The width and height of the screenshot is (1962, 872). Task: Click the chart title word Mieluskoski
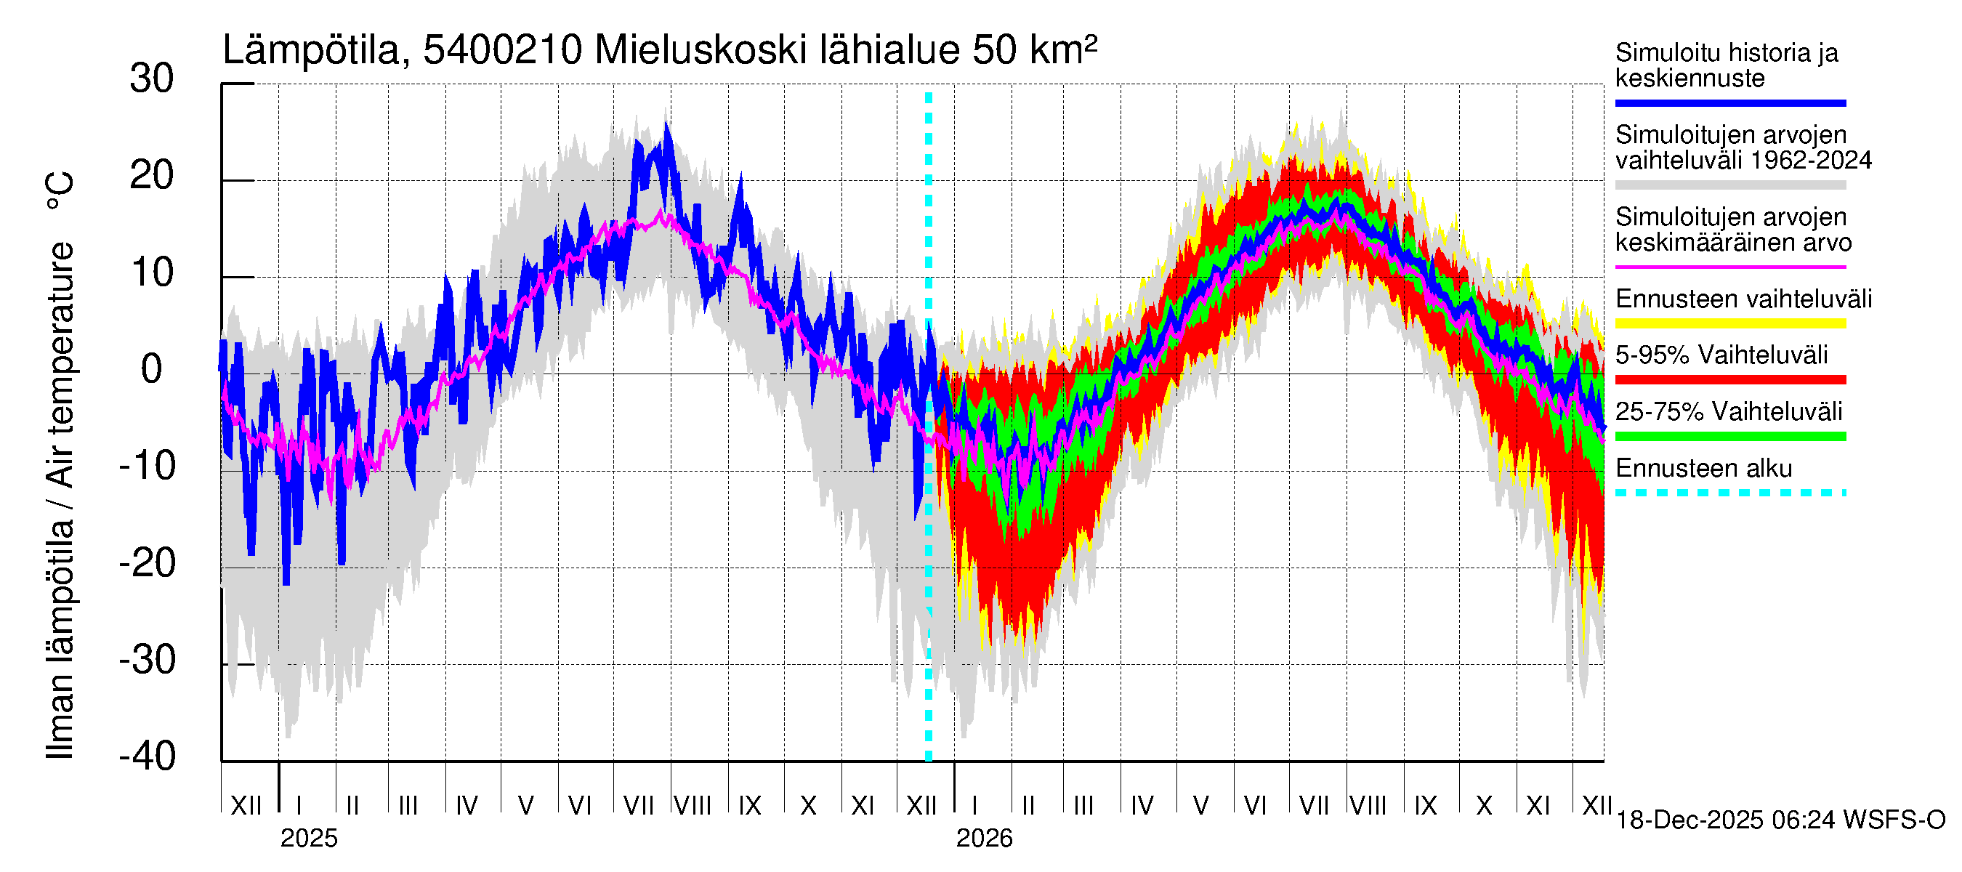pos(700,50)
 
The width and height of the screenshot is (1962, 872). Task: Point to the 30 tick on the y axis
pos(152,79)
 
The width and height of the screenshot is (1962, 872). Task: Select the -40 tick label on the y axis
pos(148,756)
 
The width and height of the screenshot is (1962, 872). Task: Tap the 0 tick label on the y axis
pos(152,369)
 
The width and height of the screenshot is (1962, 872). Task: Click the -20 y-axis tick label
pos(148,564)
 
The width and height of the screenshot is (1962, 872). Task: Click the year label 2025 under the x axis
pos(308,839)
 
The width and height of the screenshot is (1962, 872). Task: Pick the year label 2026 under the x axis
pos(984,839)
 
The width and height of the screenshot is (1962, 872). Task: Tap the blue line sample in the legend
pos(1729,102)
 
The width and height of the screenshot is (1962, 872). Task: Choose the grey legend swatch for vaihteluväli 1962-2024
pos(1729,185)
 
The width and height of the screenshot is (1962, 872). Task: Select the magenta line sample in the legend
pos(1729,267)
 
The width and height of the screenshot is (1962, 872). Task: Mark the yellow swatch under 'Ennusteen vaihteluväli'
pos(1729,323)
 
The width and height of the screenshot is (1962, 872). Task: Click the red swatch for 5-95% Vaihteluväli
pos(1729,379)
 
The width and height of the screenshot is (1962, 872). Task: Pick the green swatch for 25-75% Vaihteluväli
pos(1729,437)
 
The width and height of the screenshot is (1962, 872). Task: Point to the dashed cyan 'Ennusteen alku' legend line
pos(1729,493)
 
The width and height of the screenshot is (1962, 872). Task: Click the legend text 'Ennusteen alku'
pos(1703,469)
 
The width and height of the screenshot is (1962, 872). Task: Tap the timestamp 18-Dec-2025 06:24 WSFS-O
pos(1780,820)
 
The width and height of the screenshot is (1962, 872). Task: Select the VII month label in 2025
pos(638,805)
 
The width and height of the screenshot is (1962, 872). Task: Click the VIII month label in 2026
pos(1367,805)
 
